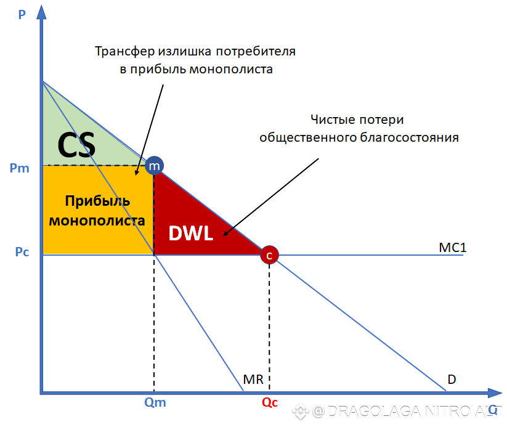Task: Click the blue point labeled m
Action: click(154, 166)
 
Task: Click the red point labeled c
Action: click(269, 254)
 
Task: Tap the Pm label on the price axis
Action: click(19, 167)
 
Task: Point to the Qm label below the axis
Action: click(154, 403)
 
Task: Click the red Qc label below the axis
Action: click(270, 403)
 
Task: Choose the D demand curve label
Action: click(452, 378)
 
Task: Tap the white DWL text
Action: click(190, 233)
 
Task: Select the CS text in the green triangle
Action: click(76, 145)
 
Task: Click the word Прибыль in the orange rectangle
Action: click(97, 201)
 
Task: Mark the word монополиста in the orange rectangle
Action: click(97, 220)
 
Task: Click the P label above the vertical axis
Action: click(22, 14)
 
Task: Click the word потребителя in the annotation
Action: click(258, 51)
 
